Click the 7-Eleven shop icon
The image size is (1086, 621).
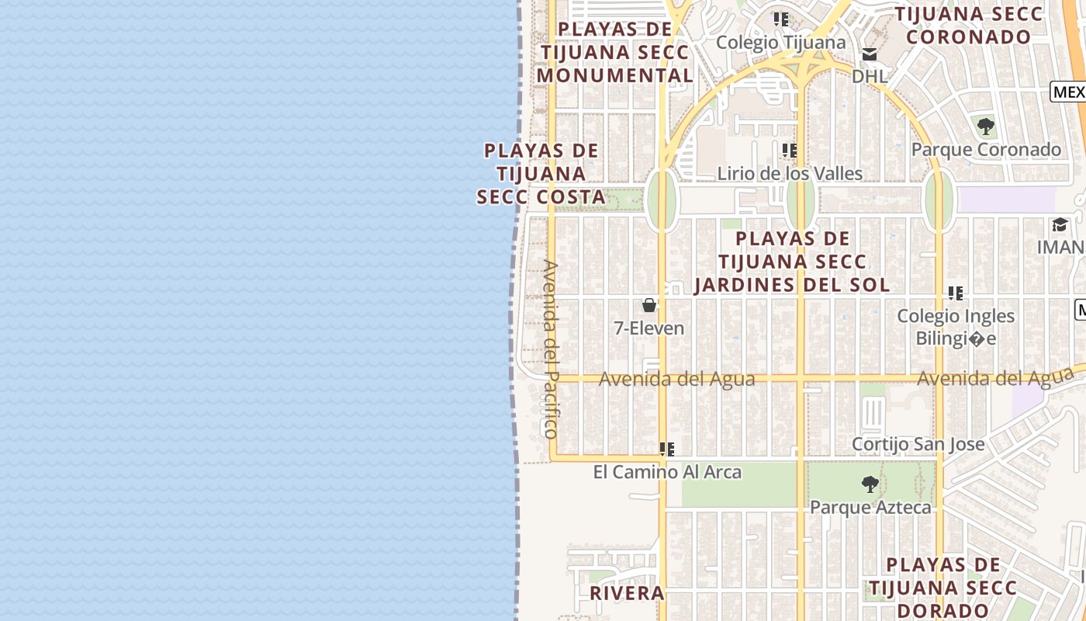click(649, 305)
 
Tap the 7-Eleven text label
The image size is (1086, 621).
click(649, 328)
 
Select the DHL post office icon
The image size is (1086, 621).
click(869, 54)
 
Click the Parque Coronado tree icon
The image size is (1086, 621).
click(986, 126)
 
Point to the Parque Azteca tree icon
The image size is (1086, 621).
click(870, 484)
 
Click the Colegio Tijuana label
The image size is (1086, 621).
click(780, 42)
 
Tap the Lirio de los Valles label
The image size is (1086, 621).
click(790, 173)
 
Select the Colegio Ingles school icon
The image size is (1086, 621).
click(956, 293)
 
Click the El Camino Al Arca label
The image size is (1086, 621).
click(667, 472)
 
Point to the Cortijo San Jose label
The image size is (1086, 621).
click(918, 444)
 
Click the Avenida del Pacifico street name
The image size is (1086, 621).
click(550, 349)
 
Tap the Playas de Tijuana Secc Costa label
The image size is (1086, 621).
click(541, 174)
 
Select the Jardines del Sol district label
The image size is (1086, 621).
click(792, 262)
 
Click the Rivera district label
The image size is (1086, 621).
click(627, 593)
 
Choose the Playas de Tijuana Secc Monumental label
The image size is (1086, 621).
click(615, 53)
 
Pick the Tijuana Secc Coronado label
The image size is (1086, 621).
click(969, 25)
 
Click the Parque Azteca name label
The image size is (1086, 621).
click(870, 508)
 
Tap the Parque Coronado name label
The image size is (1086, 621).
click(986, 149)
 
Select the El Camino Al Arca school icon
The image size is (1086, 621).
click(666, 449)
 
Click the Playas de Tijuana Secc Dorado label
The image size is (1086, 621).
click(942, 588)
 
